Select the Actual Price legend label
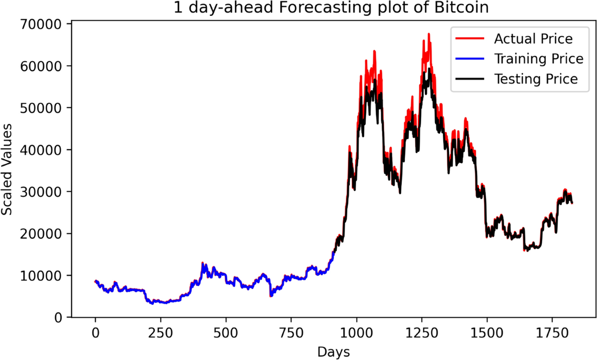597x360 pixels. pyautogui.click(x=533, y=39)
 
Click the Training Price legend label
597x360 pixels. pyautogui.click(x=538, y=59)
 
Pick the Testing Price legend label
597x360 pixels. pyautogui.click(x=536, y=79)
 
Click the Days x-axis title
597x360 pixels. pyautogui.click(x=333, y=352)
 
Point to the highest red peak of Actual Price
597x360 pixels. pyautogui.click(x=428, y=34)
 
